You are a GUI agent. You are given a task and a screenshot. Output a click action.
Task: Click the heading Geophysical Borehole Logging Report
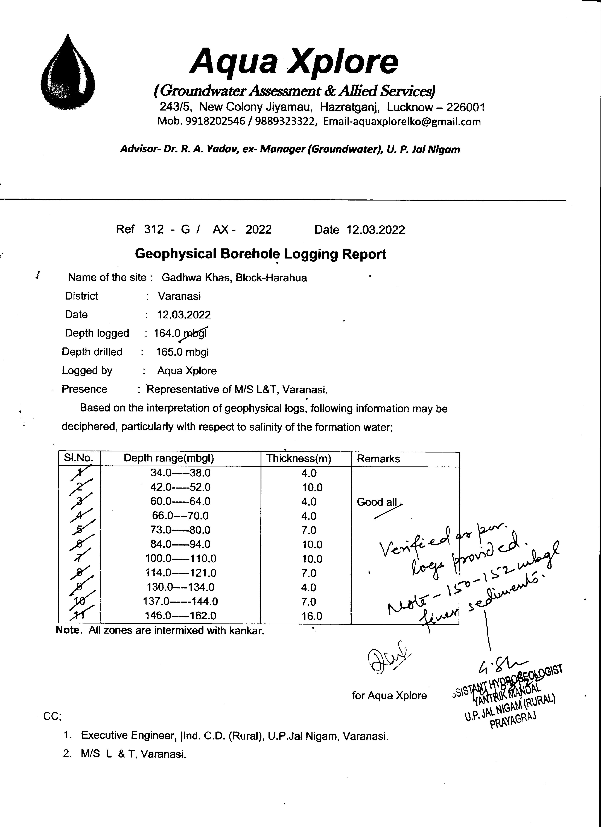[260, 254]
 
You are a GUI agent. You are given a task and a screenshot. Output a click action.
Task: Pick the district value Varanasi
[179, 296]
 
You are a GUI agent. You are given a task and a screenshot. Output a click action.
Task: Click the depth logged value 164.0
[167, 333]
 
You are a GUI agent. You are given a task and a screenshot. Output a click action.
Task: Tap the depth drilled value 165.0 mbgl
[182, 352]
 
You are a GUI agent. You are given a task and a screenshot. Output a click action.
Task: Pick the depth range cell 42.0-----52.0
[180, 487]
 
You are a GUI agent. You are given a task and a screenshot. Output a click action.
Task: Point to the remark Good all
[377, 502]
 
